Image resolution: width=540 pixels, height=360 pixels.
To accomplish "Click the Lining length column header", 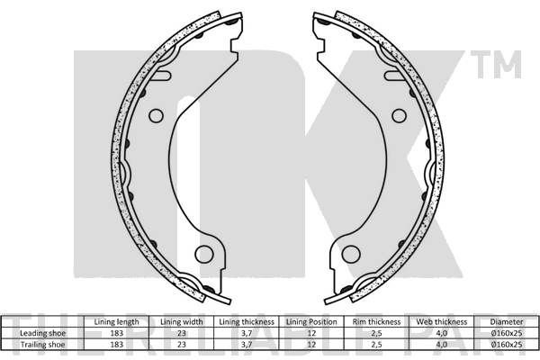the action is (116, 322).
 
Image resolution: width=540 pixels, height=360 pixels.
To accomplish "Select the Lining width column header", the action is (182, 322).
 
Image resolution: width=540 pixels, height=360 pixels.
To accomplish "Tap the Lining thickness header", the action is (247, 322).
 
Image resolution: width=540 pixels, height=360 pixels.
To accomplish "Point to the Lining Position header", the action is (311, 322).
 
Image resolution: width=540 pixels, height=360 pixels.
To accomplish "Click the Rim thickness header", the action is (376, 322).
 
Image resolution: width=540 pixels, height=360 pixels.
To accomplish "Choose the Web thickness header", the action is (442, 322).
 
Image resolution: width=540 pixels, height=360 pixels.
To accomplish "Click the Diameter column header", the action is (507, 322).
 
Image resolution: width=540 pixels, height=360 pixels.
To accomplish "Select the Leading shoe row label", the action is (42, 333).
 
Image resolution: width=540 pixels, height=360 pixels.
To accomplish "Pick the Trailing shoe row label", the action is (42, 345).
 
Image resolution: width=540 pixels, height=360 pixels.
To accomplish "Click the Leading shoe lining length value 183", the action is (116, 333).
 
